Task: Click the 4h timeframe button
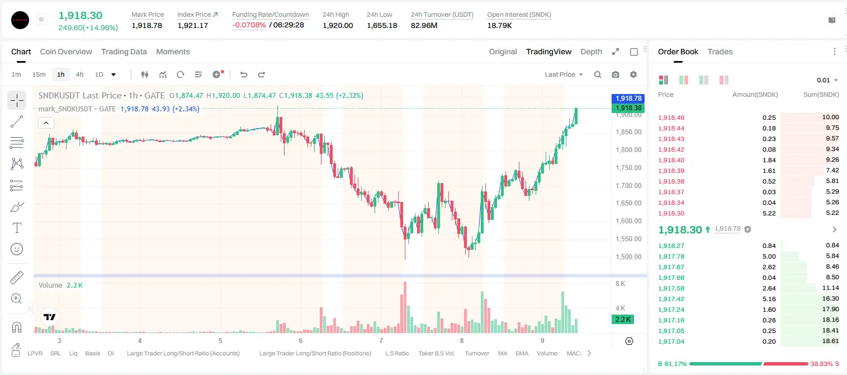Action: pyautogui.click(x=79, y=74)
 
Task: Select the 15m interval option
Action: pyautogui.click(x=39, y=74)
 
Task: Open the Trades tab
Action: pyautogui.click(x=720, y=51)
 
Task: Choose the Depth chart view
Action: pyautogui.click(x=591, y=51)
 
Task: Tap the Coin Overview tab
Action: pyautogui.click(x=66, y=51)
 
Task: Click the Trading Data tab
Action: pyautogui.click(x=124, y=51)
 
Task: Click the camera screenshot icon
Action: pyautogui.click(x=616, y=74)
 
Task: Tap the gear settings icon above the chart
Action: pyautogui.click(x=633, y=74)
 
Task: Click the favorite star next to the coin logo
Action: pyautogui.click(x=41, y=19)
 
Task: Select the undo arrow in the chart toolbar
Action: pyautogui.click(x=244, y=74)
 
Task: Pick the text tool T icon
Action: pyautogui.click(x=17, y=228)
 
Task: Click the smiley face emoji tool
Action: pyautogui.click(x=17, y=249)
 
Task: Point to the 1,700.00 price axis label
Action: pyautogui.click(x=628, y=185)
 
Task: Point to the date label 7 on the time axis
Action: pyautogui.click(x=381, y=340)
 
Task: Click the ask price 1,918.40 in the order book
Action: pyautogui.click(x=671, y=160)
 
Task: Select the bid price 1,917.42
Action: pyautogui.click(x=671, y=298)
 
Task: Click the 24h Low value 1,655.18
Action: pyautogui.click(x=382, y=25)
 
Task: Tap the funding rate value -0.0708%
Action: pyautogui.click(x=249, y=25)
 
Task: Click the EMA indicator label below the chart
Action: pyautogui.click(x=522, y=353)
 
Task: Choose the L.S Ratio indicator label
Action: pyautogui.click(x=397, y=353)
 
